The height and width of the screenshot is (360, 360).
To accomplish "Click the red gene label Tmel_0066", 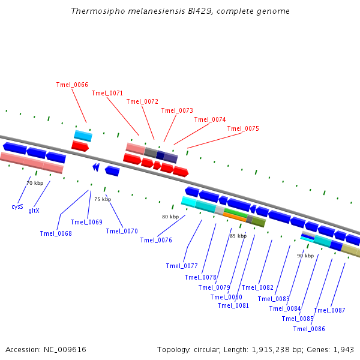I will pyautogui.click(x=72, y=85).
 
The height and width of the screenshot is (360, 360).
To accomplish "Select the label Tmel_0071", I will pyautogui.click(x=107, y=93).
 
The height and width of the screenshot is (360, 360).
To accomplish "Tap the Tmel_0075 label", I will pyautogui.click(x=243, y=128).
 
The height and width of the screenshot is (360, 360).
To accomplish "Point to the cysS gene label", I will pyautogui.click(x=17, y=206).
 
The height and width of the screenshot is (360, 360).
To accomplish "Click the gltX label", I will pyautogui.click(x=34, y=211).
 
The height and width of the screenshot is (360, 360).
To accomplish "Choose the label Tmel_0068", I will pyautogui.click(x=56, y=233).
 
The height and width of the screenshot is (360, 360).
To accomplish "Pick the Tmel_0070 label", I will pyautogui.click(x=122, y=231).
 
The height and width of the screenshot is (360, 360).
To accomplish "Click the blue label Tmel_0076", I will pyautogui.click(x=156, y=240).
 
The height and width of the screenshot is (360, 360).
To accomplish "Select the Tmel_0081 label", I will pyautogui.click(x=233, y=305).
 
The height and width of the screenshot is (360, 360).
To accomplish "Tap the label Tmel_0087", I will pyautogui.click(x=329, y=310).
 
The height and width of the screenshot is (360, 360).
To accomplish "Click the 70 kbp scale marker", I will pyautogui.click(x=35, y=183).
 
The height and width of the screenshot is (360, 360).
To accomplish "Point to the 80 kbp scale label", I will pyautogui.click(x=170, y=217).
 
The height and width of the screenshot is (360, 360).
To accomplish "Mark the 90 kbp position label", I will pyautogui.click(x=305, y=256).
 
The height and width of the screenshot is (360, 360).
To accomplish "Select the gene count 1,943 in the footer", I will pyautogui.click(x=343, y=349).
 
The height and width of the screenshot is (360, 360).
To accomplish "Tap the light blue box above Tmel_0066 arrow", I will pyautogui.click(x=83, y=136).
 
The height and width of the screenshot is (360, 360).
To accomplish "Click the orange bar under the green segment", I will pyautogui.click(x=235, y=217).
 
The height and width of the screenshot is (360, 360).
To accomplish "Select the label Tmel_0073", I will pyautogui.click(x=177, y=110).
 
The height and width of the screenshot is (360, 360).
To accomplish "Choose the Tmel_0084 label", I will pyautogui.click(x=285, y=308).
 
